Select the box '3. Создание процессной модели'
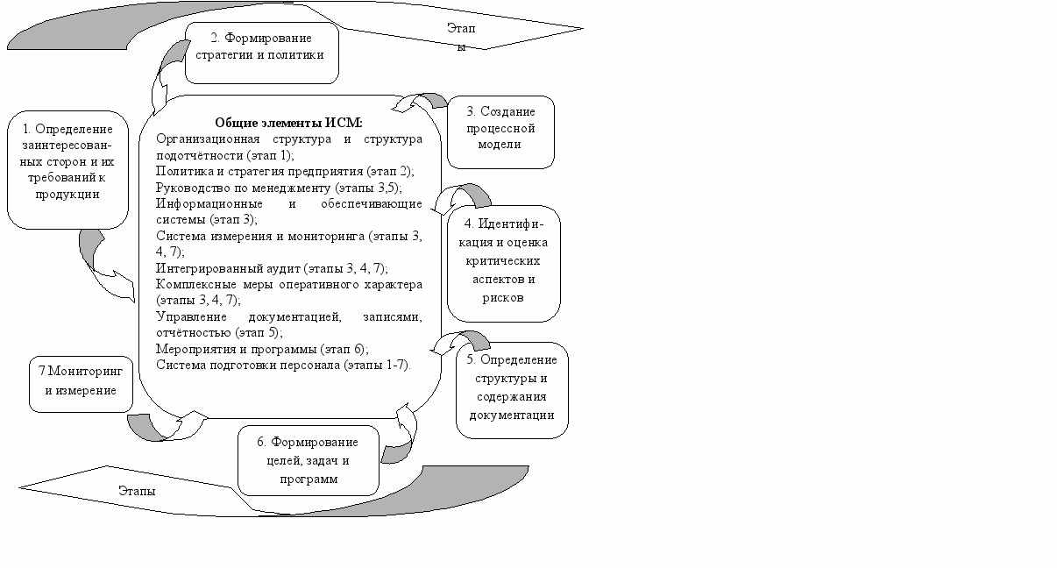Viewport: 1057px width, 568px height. pyautogui.click(x=500, y=131)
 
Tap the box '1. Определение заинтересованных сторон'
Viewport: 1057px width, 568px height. pyautogui.click(x=67, y=170)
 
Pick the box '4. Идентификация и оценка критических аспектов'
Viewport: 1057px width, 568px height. pyautogui.click(x=503, y=263)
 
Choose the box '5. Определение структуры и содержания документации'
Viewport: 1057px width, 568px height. pyautogui.click(x=512, y=388)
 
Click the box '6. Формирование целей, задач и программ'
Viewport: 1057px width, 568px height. pyautogui.click(x=309, y=460)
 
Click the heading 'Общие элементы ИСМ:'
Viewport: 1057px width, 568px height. pyautogui.click(x=288, y=123)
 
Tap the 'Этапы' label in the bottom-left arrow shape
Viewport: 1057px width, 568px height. pyautogui.click(x=137, y=491)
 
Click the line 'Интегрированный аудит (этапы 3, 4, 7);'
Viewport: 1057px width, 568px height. pyautogui.click(x=272, y=268)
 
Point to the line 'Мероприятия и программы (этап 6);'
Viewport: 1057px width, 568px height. pyautogui.click(x=262, y=348)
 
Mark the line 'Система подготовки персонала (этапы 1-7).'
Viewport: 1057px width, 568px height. pyautogui.click(x=283, y=364)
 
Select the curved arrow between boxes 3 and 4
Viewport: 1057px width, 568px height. pyautogui.click(x=468, y=197)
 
